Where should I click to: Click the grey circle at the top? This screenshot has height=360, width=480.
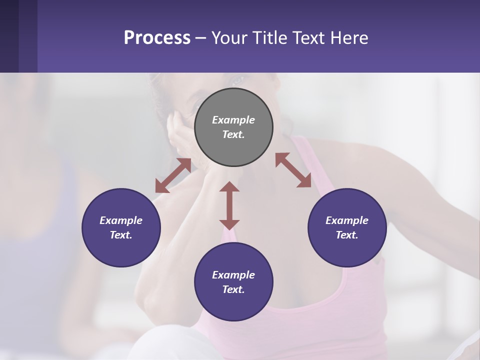[233, 127]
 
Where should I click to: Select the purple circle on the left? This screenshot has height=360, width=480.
[121, 228]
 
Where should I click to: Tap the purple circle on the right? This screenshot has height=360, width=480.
[347, 228]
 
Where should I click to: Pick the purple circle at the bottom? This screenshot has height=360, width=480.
[233, 282]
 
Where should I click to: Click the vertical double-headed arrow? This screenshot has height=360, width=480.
[229, 205]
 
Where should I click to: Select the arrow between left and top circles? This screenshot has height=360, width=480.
[173, 175]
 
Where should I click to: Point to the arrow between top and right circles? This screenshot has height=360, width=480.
[293, 170]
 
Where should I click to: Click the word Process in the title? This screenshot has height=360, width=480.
[157, 38]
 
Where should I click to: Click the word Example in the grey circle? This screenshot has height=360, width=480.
[233, 120]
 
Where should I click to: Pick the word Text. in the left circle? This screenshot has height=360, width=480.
[121, 235]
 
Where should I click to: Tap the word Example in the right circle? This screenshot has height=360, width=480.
[347, 220]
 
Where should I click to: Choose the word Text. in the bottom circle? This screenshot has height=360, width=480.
[233, 289]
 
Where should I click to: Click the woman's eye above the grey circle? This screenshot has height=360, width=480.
[237, 79]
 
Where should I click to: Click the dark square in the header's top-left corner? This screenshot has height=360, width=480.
[9, 35]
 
